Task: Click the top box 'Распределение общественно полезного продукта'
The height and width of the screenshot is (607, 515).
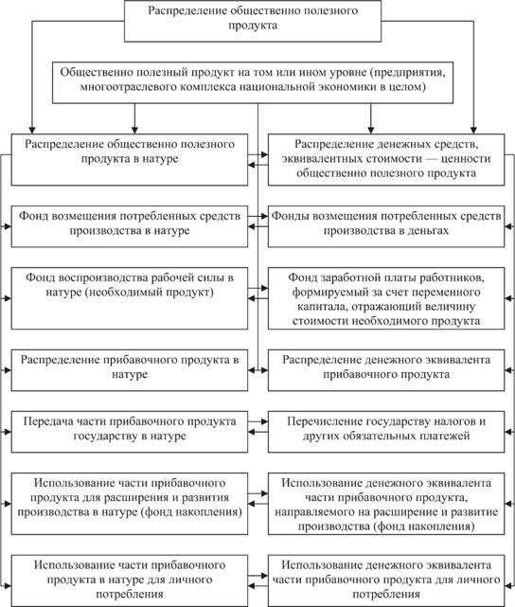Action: [x=253, y=21]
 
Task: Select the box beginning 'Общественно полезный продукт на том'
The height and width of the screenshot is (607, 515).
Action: [x=253, y=82]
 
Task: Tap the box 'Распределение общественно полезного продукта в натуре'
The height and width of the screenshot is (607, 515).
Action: [x=130, y=159]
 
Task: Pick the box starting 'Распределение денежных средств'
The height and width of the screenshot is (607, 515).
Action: [x=386, y=159]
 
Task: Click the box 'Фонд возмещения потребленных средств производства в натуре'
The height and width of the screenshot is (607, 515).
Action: [x=130, y=226]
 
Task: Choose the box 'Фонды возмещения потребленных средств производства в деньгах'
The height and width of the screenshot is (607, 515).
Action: [x=386, y=226]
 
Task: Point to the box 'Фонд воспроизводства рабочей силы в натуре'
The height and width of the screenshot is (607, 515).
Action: [x=130, y=298]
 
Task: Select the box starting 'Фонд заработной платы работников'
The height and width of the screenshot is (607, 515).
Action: [x=386, y=298]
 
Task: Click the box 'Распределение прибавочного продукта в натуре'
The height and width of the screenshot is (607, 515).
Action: [x=130, y=370]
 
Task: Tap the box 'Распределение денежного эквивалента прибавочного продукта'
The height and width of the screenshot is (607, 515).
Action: [x=386, y=370]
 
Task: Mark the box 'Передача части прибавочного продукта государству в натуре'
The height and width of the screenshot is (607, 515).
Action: [x=130, y=432]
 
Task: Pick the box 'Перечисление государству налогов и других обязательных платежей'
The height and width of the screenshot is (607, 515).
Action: [x=386, y=432]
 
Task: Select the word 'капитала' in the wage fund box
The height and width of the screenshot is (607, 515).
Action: [x=320, y=307]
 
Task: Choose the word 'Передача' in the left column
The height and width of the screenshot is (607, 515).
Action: [x=47, y=421]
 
